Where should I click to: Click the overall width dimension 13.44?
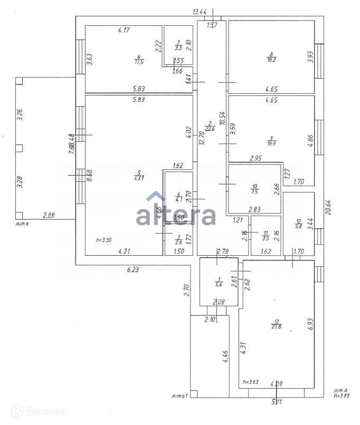click(200, 12)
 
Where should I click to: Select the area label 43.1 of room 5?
click(139, 178)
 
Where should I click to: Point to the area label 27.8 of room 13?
click(276, 327)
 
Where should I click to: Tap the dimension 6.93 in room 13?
click(310, 323)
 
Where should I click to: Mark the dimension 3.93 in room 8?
click(310, 57)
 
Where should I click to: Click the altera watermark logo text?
click(176, 216)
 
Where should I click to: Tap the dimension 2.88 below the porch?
click(49, 215)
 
